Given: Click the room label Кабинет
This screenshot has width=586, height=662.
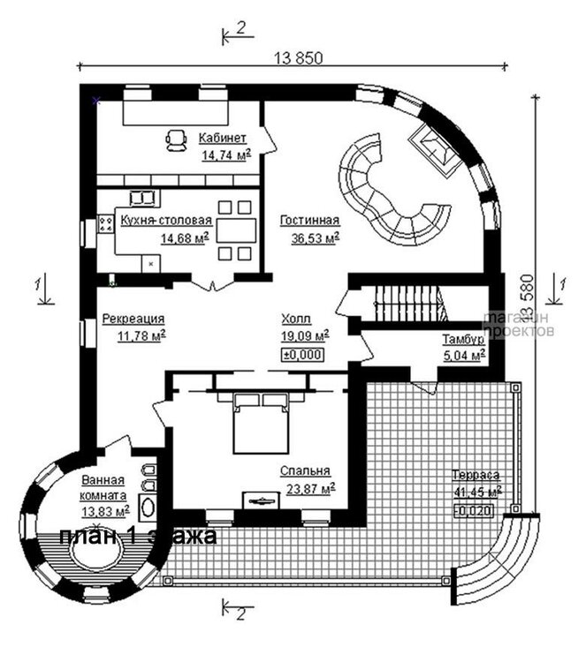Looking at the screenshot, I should coord(222,138).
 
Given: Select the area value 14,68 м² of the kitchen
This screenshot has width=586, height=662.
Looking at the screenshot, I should coord(184,237).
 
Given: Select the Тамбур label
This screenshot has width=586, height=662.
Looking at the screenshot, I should coord(462,340).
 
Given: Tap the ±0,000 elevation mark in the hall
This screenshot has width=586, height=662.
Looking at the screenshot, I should coord(302,355).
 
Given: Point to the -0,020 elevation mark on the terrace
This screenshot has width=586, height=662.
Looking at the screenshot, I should coord(476,511).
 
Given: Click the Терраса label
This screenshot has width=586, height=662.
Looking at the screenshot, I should coord(476,473).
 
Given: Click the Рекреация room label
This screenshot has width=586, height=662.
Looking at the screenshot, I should coord(133,319).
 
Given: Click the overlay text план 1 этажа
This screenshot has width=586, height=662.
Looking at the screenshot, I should coord(137,536).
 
